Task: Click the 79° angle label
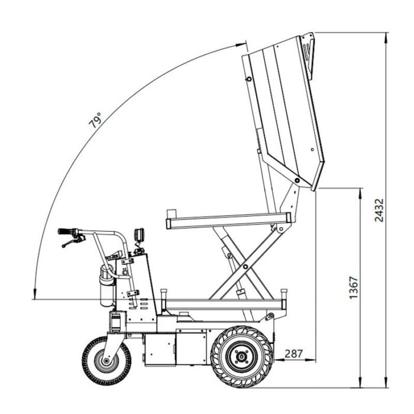click(95, 120)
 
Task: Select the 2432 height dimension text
click(379, 210)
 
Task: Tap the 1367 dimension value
click(354, 287)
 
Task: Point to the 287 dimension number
click(293, 354)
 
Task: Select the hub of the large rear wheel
click(241, 357)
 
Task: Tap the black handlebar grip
click(67, 231)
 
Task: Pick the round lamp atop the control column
click(140, 234)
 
